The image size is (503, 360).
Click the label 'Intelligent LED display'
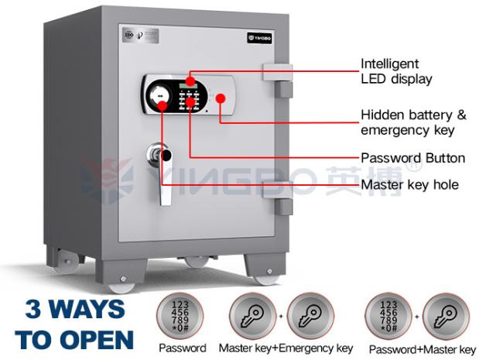[395, 71]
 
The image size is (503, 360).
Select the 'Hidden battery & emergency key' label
[414, 122]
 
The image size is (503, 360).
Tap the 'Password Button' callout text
[413, 158]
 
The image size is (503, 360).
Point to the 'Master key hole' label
[410, 184]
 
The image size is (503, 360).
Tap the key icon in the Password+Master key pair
[447, 314]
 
